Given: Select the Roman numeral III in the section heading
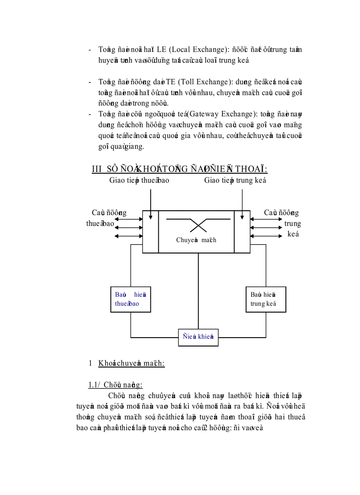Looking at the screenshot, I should point(97,169).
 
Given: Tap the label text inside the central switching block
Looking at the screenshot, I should point(196,240).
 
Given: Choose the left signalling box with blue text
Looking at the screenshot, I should point(131,299).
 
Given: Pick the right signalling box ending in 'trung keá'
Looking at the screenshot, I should point(266,299).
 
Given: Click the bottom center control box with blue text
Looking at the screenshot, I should point(198,337).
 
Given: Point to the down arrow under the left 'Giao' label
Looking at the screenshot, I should point(151,204).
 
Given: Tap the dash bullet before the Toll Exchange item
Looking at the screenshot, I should point(90,82).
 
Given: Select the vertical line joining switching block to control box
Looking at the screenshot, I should point(198,291).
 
